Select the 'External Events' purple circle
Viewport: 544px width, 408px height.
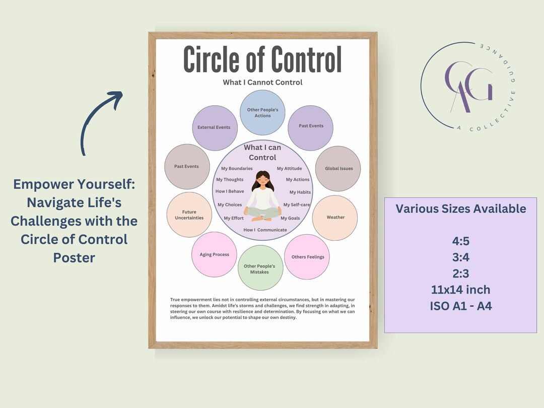click(214, 128)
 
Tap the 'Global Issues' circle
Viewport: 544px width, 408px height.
click(338, 169)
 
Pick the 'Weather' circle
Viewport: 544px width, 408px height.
click(335, 218)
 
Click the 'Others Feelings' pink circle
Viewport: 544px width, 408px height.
click(307, 257)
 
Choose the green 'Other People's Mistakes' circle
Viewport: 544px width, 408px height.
click(260, 268)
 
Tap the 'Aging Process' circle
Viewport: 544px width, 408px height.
click(214, 255)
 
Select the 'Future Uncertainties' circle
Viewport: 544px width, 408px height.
click(189, 215)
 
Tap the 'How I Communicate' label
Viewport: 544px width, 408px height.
click(265, 230)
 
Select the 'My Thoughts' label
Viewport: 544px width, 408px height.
click(230, 180)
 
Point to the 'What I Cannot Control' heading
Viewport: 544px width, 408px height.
click(262, 82)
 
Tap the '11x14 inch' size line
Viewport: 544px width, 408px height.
click(461, 290)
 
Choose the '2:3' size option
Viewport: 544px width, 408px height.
click(461, 274)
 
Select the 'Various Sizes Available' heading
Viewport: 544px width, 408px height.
click(461, 209)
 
